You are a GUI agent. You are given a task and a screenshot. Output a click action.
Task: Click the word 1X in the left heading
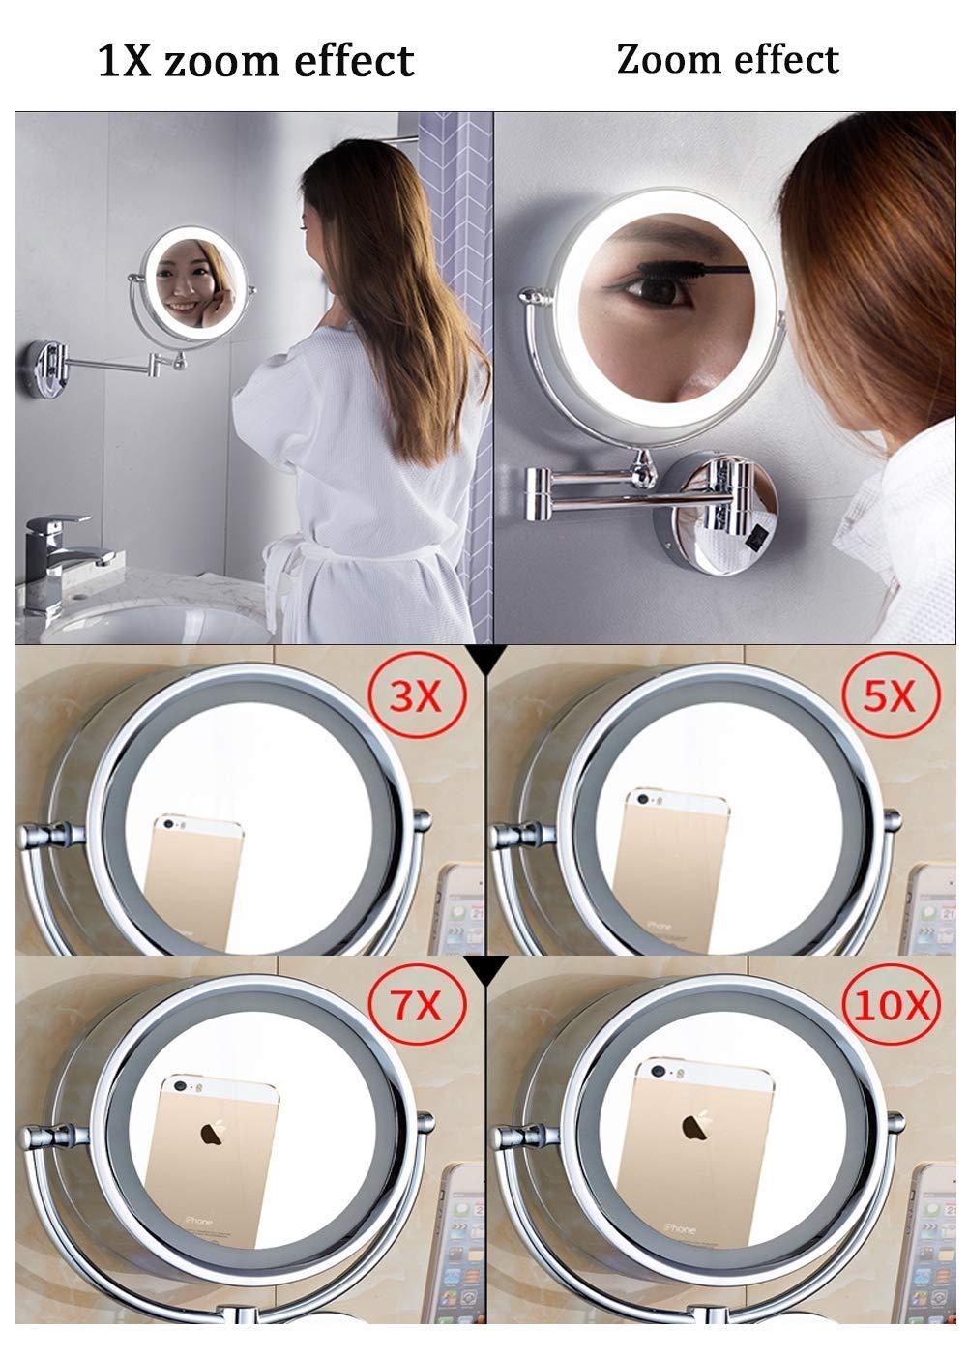coord(126,60)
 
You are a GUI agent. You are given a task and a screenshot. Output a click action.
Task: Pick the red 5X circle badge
coord(887,694)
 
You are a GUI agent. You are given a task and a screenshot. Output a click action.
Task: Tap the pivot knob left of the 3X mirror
coord(56,831)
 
